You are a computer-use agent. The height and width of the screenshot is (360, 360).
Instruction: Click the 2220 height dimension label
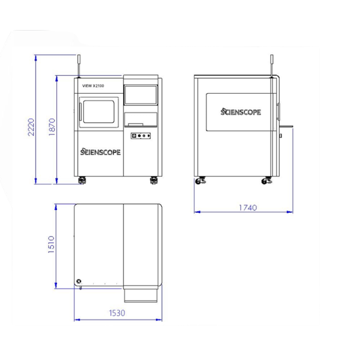point(31,127)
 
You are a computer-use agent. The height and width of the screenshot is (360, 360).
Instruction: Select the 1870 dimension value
point(52,127)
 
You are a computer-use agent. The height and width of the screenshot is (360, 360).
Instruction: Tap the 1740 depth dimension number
point(248,208)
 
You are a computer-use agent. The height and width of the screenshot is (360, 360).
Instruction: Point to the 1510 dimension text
point(51,245)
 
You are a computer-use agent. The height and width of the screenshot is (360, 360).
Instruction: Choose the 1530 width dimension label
point(117,313)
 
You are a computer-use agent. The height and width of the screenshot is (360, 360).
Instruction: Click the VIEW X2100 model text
point(93,86)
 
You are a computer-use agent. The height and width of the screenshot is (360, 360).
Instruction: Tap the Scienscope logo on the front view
point(100,152)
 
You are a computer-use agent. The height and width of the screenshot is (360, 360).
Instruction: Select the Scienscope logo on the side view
point(241,112)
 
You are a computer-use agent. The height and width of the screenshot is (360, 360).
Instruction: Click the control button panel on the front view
point(140,136)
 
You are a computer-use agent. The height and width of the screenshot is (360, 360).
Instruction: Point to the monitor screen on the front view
point(141,95)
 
